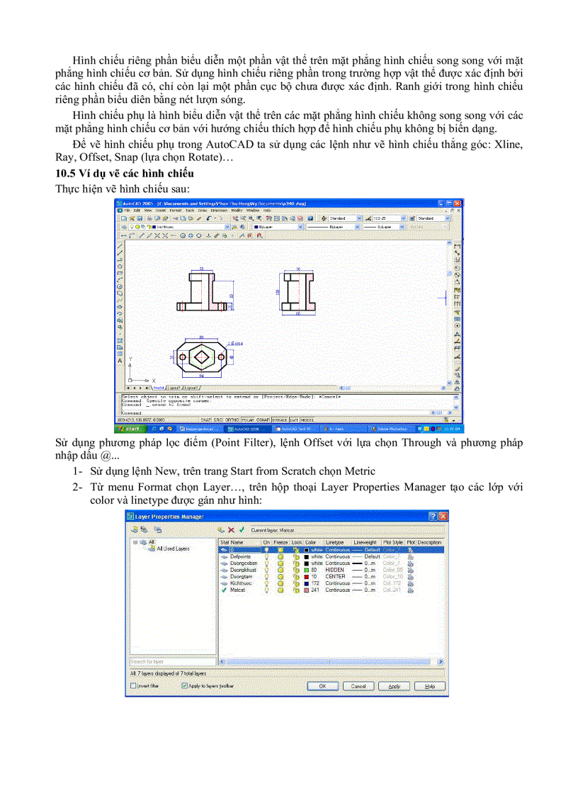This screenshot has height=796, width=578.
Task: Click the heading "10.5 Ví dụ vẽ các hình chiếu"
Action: point(125,174)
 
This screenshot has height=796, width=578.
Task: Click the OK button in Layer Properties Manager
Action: point(322,686)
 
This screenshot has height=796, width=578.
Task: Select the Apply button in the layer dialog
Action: point(394,686)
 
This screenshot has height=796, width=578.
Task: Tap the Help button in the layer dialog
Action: point(429,686)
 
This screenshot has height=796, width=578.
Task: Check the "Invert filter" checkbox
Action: point(134,686)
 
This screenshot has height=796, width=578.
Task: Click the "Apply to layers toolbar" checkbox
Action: point(185,686)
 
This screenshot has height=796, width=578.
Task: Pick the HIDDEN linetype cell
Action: point(335,570)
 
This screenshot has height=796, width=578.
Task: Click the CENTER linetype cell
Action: point(335,576)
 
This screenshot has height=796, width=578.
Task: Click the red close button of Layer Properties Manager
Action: point(443,517)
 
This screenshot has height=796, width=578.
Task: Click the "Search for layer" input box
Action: point(172,662)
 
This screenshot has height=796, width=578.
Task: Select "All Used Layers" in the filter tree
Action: point(172,549)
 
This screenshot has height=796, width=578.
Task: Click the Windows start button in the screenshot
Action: point(130,429)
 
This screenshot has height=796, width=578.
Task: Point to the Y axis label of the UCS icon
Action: point(130,359)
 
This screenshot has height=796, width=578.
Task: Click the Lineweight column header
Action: point(365,542)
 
